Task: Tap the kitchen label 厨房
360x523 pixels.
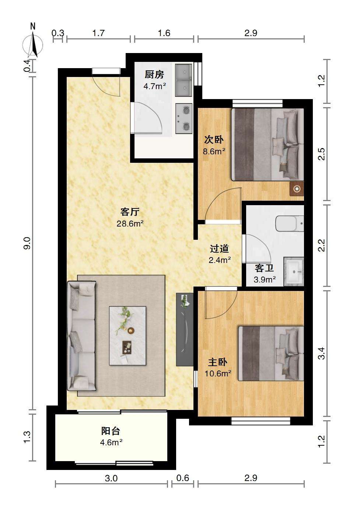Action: [154, 75]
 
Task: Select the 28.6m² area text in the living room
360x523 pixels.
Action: [130, 224]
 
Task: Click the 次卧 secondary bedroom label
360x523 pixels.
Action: [214, 140]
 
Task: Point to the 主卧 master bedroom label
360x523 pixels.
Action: [218, 362]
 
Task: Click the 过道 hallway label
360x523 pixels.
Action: [219, 248]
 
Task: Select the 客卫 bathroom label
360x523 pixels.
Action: [264, 268]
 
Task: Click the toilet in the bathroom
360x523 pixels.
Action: [290, 223]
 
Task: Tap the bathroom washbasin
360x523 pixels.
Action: [294, 271]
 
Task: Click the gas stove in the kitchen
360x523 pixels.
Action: [184, 119]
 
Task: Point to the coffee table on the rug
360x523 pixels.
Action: [127, 336]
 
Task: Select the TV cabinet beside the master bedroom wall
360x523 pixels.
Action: [185, 329]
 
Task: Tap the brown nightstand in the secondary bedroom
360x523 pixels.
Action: [297, 189]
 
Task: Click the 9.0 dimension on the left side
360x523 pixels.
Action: [28, 243]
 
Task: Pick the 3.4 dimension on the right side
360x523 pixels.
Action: [321, 354]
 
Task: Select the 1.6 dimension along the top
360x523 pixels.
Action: [164, 33]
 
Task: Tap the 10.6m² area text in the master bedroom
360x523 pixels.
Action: [218, 373]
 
